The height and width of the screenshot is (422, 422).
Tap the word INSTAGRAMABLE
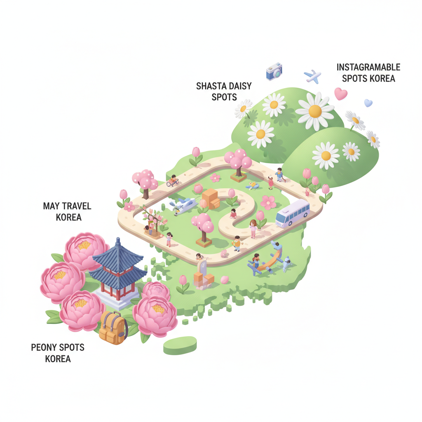tap(368, 67)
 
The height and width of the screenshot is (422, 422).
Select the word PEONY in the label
tap(43, 347)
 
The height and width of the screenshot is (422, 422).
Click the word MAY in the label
tap(51, 206)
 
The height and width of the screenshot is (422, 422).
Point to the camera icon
tap(274, 72)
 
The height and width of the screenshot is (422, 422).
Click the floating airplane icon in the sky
tap(313, 76)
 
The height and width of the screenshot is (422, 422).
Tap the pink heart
tap(341, 94)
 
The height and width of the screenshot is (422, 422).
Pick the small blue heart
tap(368, 103)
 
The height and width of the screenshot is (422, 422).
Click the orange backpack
tap(113, 328)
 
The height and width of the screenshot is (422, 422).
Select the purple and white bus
tap(293, 213)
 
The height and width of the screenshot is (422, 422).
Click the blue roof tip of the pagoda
tap(118, 239)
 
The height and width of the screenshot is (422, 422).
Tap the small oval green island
tap(180, 345)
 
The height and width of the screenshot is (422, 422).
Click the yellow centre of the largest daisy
tap(315, 111)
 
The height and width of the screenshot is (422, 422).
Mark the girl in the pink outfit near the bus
tap(253, 229)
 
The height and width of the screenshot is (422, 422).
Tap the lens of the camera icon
tap(277, 73)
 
